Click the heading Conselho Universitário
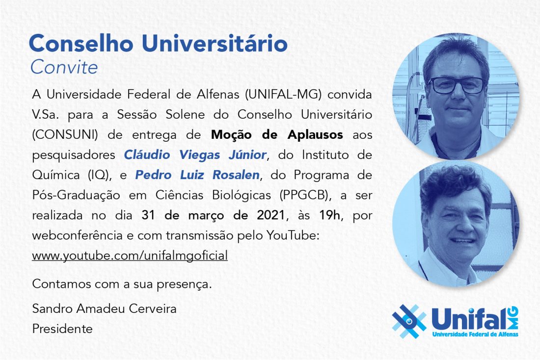(158, 43)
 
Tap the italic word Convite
(64, 67)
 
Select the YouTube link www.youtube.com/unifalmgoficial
(130, 256)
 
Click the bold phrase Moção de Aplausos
(277, 134)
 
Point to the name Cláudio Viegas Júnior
(195, 155)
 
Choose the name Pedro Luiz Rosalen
(197, 175)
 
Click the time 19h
(329, 215)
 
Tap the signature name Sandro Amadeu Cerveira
(105, 309)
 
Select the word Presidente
(62, 329)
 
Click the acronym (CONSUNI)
(65, 134)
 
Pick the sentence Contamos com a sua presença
(122, 284)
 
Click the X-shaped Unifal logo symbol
(409, 321)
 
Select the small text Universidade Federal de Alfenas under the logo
(475, 334)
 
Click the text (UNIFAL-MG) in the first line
(283, 94)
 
